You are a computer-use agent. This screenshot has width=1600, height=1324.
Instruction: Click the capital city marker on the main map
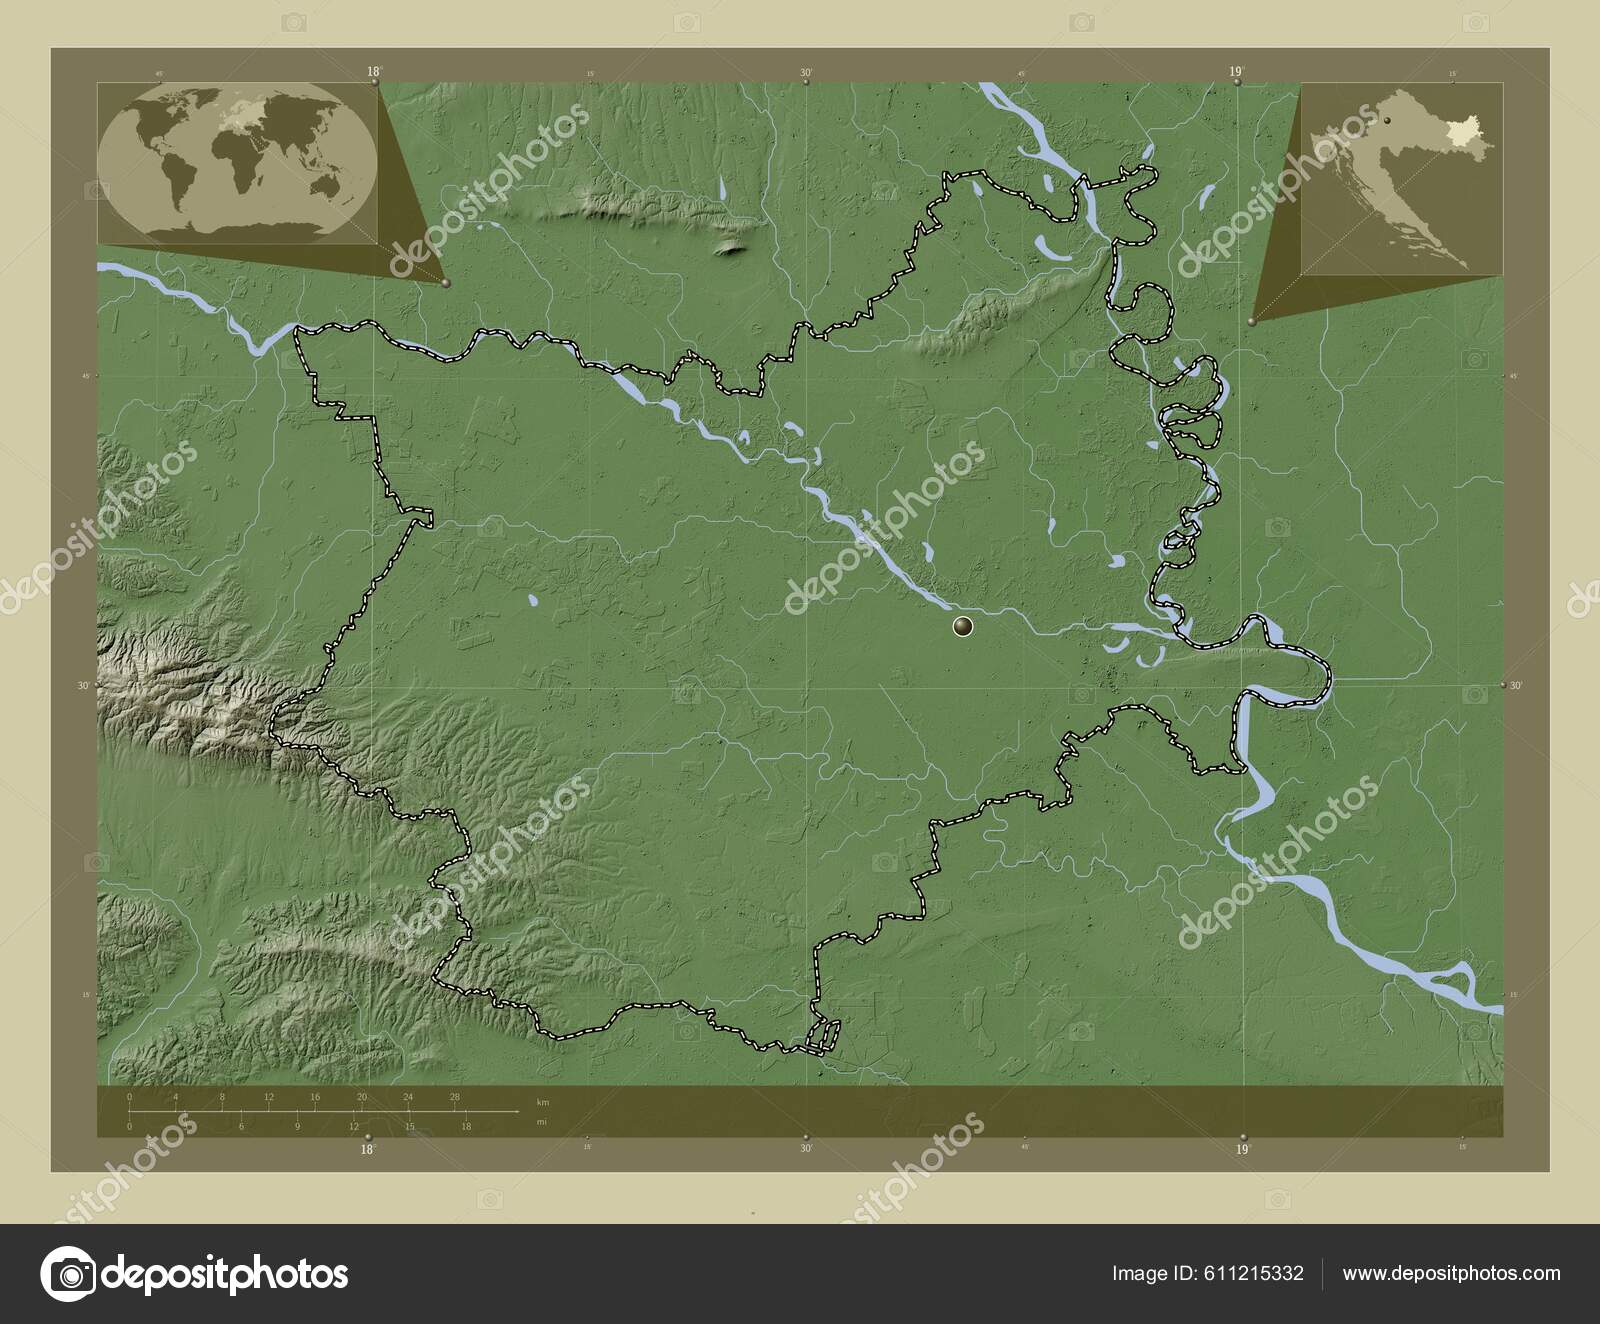[964, 627]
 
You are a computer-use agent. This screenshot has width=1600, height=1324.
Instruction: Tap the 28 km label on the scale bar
[455, 1097]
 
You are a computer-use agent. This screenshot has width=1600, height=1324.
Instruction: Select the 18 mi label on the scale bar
[466, 1127]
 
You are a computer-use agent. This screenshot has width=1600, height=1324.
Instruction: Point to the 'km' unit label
[542, 1101]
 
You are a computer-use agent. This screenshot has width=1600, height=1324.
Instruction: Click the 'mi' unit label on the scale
[542, 1122]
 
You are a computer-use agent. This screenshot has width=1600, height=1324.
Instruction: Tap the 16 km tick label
[315, 1097]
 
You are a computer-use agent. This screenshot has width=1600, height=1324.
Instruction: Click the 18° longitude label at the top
[374, 71]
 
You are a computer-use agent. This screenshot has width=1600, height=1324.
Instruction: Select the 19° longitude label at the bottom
[1241, 1150]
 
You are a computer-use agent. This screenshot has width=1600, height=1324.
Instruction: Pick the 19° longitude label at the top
[1237, 71]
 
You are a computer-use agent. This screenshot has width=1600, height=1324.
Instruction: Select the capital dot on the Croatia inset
[1387, 121]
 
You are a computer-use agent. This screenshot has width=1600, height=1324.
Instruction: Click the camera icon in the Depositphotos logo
[71, 1274]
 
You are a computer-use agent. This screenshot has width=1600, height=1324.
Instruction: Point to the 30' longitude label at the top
[805, 72]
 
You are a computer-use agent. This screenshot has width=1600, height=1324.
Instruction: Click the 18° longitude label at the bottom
[368, 1150]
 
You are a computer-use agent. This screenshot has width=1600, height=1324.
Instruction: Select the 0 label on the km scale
[130, 1097]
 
